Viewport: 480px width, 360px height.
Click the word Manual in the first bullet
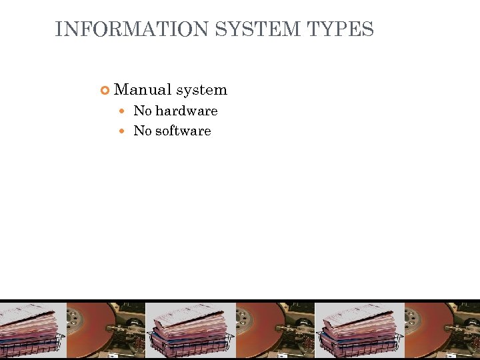pyautogui.click(x=143, y=89)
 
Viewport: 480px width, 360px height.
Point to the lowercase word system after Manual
pyautogui.click(x=202, y=89)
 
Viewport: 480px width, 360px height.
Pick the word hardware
pyautogui.click(x=186, y=111)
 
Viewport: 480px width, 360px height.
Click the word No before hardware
pyautogui.click(x=142, y=111)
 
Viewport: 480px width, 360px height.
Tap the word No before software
pyautogui.click(x=142, y=131)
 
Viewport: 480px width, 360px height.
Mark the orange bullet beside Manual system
pyautogui.click(x=105, y=90)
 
